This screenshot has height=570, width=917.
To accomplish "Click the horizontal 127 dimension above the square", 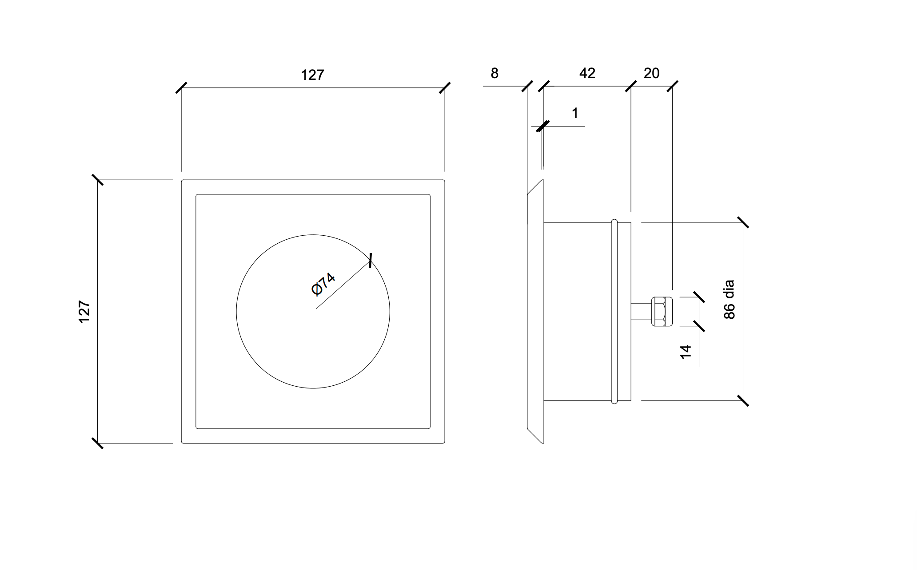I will click(x=312, y=75).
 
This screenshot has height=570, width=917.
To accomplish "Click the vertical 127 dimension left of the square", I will click(x=84, y=312).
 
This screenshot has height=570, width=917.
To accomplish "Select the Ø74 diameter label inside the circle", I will click(x=323, y=284).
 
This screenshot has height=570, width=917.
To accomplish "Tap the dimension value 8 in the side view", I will click(x=494, y=73).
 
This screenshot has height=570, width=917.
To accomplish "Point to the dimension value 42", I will click(x=587, y=73).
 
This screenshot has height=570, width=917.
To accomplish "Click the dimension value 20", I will click(x=651, y=73).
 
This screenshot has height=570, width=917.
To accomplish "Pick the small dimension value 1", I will click(x=575, y=114).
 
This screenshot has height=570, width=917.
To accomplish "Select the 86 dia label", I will click(x=729, y=300).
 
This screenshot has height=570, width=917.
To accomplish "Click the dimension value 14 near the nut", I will click(x=686, y=352).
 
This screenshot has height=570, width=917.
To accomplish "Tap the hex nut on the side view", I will click(x=662, y=312).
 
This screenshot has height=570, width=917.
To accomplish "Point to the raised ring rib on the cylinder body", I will click(x=614, y=312).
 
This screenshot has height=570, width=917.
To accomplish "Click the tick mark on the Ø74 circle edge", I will click(x=371, y=261).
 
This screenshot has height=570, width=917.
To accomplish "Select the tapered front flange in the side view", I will click(x=535, y=312).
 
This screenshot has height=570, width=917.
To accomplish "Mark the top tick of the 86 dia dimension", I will click(x=743, y=222).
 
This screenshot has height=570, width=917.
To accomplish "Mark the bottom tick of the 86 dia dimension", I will click(x=743, y=400).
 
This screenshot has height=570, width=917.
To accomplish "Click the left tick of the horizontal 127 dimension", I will click(x=181, y=87).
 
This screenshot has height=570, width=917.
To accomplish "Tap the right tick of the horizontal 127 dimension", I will click(x=445, y=87).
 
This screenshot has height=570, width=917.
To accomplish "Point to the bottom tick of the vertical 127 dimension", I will click(x=97, y=443).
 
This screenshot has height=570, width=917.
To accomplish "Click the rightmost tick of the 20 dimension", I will click(x=672, y=86).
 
